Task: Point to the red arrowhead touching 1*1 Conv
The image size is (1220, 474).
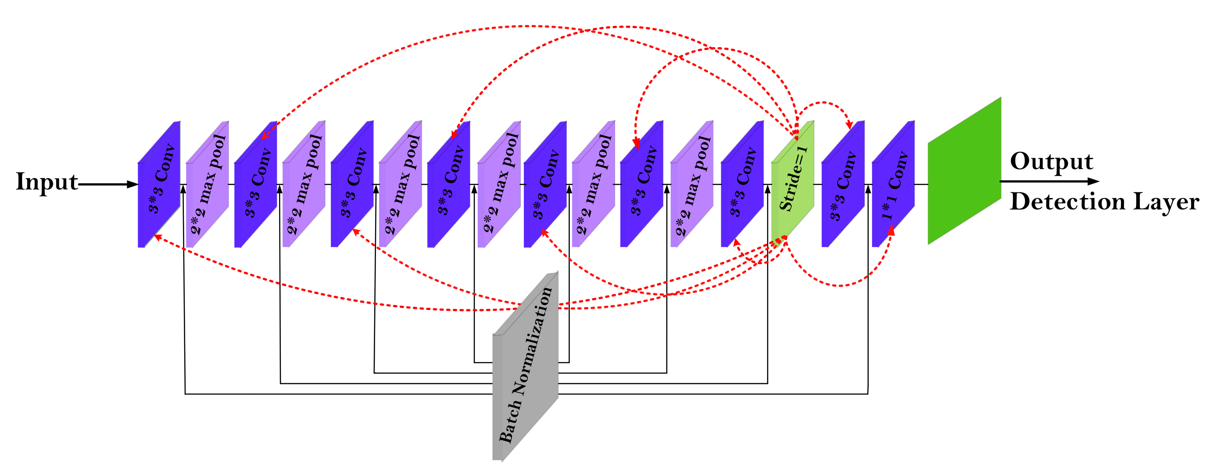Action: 891,231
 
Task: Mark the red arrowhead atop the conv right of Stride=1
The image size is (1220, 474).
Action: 849,125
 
